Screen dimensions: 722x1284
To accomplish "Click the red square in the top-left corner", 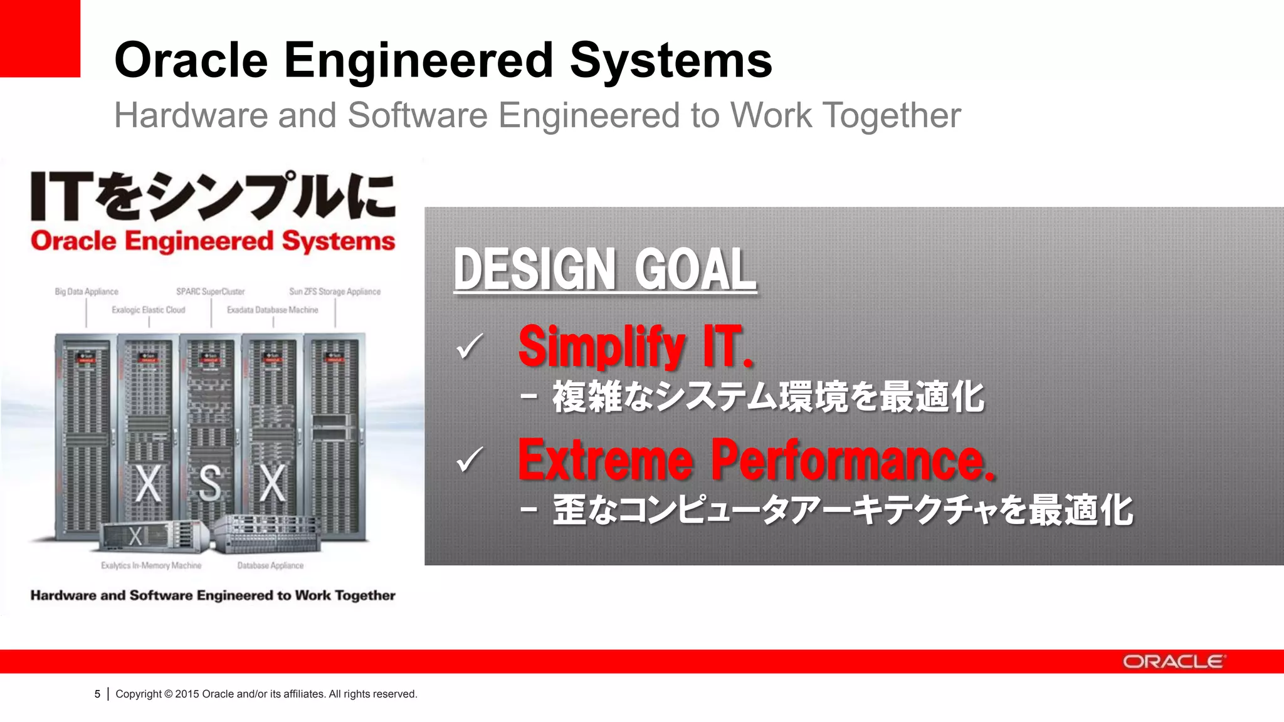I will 39,38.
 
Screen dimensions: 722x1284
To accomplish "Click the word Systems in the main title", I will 670,60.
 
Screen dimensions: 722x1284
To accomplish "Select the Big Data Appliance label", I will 87,291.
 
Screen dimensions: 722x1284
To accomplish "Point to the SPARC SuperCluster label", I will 210,291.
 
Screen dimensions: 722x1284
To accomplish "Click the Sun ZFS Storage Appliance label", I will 335,291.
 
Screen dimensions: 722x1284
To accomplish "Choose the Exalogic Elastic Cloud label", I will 149,310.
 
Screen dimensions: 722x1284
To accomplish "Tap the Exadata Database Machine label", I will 272,310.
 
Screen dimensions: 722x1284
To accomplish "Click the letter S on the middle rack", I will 209,483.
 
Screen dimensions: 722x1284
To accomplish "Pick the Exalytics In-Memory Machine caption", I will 151,565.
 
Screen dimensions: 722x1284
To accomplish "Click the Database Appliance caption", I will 270,565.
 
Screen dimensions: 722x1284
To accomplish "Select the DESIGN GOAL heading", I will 604,269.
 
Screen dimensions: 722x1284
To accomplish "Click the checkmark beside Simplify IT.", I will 470,346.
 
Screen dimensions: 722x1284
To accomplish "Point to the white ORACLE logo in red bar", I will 1173,662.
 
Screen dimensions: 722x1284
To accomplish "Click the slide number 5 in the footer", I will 97,694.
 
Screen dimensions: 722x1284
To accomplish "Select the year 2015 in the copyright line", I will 187,694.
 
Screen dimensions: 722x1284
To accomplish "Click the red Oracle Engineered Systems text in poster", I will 213,241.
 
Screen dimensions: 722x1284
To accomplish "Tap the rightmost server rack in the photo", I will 335,436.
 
